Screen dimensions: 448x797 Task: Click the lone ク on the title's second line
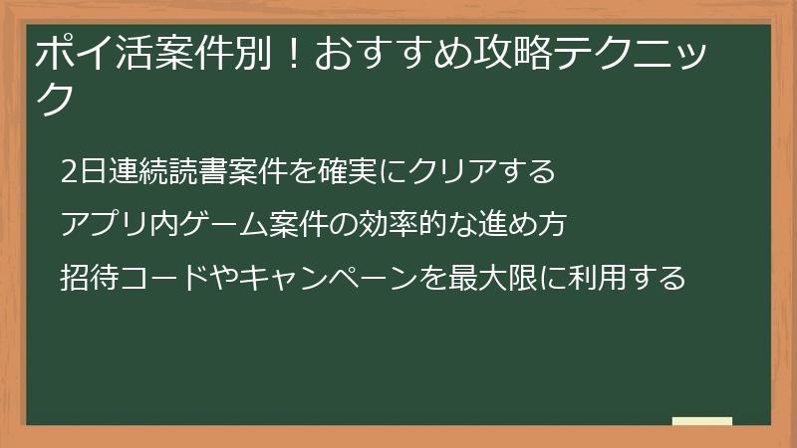point(56,100)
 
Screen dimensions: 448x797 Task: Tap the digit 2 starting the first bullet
point(68,171)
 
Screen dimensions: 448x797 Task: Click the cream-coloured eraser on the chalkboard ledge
point(701,421)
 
